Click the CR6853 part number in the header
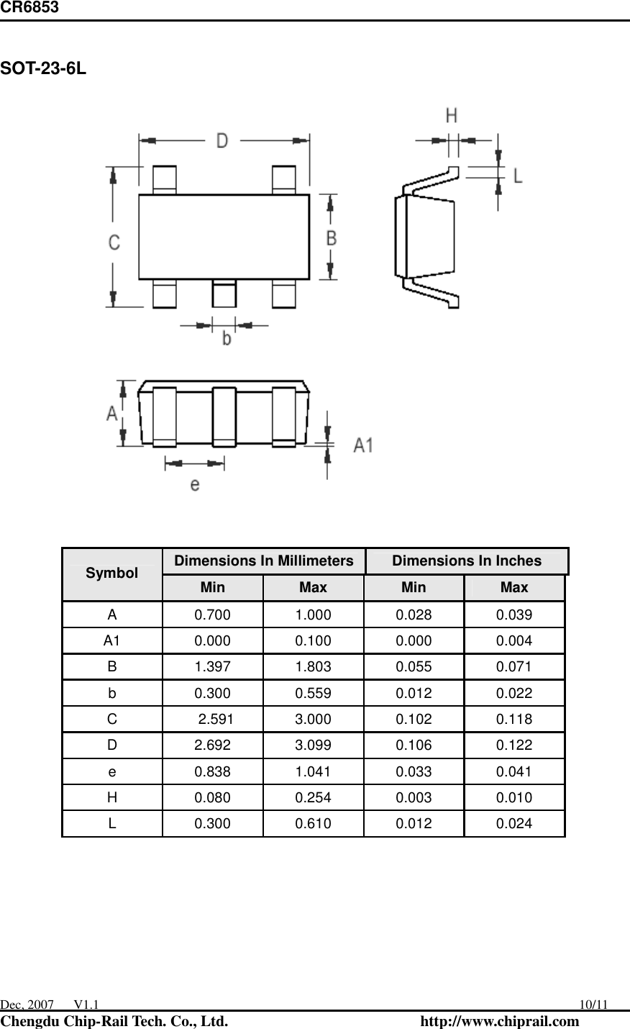pyautogui.click(x=29, y=8)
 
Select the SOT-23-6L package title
pyautogui.click(x=43, y=70)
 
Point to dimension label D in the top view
pyautogui.click(x=222, y=140)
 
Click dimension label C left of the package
pyautogui.click(x=114, y=243)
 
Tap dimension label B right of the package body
pyautogui.click(x=331, y=237)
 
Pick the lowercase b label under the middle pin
pyautogui.click(x=226, y=337)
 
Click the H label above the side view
pyautogui.click(x=452, y=115)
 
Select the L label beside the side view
pyautogui.click(x=518, y=174)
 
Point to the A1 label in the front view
pyautogui.click(x=363, y=445)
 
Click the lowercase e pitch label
pyautogui.click(x=195, y=484)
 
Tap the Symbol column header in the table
pyautogui.click(x=111, y=574)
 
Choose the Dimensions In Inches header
pyautogui.click(x=467, y=561)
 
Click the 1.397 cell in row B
pyautogui.click(x=213, y=667)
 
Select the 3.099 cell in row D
pyautogui.click(x=314, y=745)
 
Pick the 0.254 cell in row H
pyautogui.click(x=314, y=798)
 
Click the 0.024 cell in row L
pyautogui.click(x=514, y=824)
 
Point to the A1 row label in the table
pyautogui.click(x=111, y=640)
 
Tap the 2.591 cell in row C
pyautogui.click(x=215, y=720)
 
